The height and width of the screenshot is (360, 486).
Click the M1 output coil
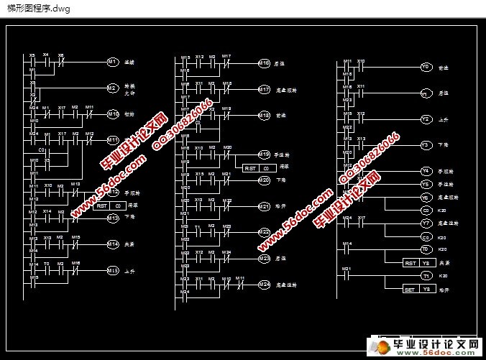pos(112,63)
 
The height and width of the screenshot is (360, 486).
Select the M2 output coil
pos(112,88)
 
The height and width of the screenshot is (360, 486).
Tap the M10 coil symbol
pos(112,114)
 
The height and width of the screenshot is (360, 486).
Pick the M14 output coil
pos(112,244)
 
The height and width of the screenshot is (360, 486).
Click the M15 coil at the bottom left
pos(112,270)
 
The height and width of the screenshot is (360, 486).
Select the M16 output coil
pos(264,63)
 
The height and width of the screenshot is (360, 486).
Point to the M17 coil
pos(264,90)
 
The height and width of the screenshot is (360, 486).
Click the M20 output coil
pos(264,180)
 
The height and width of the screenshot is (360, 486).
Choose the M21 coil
pos(264,206)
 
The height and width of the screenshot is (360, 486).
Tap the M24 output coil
pos(264,285)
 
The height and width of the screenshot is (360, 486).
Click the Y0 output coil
pos(426,68)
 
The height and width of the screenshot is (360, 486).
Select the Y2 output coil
pos(426,119)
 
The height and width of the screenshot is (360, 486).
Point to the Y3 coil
pos(426,145)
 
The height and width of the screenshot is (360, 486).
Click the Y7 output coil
pos(426,223)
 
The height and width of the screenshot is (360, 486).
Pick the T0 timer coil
pos(426,249)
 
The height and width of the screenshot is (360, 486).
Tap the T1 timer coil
pos(426,276)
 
